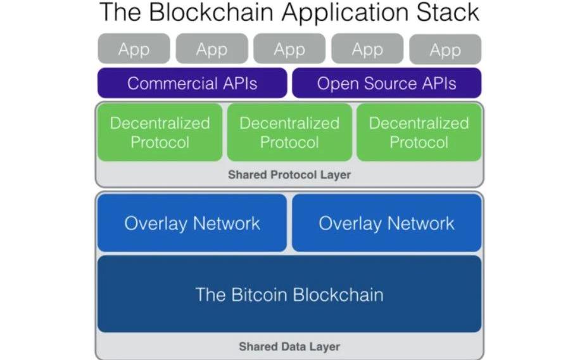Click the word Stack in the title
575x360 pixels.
coord(447,13)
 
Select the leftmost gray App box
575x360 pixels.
coord(134,49)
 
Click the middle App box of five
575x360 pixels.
coord(289,49)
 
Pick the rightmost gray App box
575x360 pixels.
coord(445,49)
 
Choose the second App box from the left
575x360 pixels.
coord(212,49)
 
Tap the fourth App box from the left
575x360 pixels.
coord(367,49)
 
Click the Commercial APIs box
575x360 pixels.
coord(192,84)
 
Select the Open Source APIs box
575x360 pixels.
coord(386,84)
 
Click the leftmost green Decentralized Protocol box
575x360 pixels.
coord(160,132)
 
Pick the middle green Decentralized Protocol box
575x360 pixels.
coord(289,132)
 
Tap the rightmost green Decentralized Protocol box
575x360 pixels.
coord(419,132)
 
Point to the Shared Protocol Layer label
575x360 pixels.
coord(289,175)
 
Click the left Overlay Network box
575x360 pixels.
coord(192,223)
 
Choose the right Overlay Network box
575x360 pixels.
coord(386,223)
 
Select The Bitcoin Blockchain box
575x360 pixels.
coord(289,294)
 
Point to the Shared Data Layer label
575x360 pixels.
coord(289,347)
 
